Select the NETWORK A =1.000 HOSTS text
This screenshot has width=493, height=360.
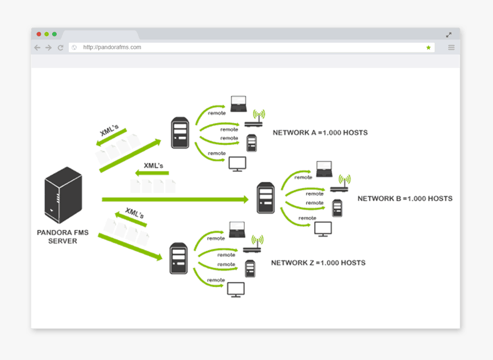click(320, 133)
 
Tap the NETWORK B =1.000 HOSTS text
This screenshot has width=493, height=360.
click(405, 199)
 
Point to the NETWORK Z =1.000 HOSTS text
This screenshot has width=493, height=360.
click(318, 263)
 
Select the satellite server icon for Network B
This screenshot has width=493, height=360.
click(265, 198)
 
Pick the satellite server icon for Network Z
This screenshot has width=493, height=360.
click(179, 259)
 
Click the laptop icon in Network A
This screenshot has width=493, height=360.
click(238, 104)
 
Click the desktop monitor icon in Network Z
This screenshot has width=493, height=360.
click(236, 289)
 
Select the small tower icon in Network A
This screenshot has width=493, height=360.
click(251, 143)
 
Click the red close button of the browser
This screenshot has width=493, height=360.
click(39, 34)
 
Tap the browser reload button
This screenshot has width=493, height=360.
click(60, 48)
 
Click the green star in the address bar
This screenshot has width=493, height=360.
click(428, 48)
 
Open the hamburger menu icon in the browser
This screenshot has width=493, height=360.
click(451, 48)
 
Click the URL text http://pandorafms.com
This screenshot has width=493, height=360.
click(112, 48)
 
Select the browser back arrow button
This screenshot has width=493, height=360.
click(37, 48)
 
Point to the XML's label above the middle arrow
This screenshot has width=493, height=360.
click(153, 166)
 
